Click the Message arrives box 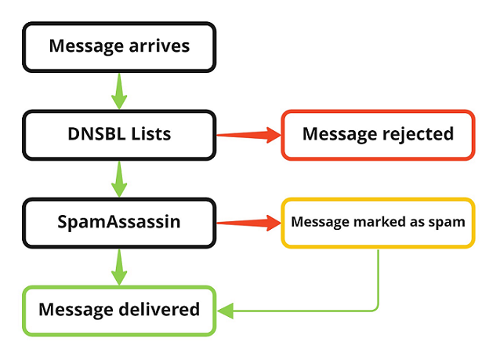tap(119, 45)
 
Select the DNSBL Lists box tap(119, 133)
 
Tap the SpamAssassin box tap(119, 222)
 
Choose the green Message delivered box tap(119, 310)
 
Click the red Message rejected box tap(378, 134)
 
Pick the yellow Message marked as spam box tap(378, 222)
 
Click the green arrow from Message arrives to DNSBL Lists tap(119, 89)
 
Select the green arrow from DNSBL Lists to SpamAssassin tap(119, 178)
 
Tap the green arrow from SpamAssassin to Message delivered tap(119, 266)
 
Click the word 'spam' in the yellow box tap(448, 222)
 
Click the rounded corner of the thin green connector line tap(377, 308)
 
